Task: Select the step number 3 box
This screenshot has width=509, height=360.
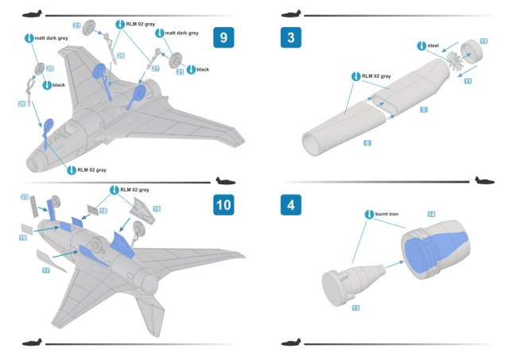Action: point(291,37)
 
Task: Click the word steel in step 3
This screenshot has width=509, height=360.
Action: point(433,45)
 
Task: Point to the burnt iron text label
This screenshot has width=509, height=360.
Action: point(388,215)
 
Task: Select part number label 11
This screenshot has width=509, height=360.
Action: point(468,81)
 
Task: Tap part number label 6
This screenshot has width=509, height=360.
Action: point(367,142)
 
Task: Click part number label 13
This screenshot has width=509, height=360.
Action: point(356,306)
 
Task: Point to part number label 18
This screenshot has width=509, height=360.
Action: point(103,210)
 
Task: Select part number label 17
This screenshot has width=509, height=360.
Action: point(46,271)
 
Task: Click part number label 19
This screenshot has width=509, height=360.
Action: point(23,237)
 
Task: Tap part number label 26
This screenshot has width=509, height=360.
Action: point(23,104)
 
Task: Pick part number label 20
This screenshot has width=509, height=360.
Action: point(49,68)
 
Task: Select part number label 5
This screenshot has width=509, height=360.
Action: point(424,109)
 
